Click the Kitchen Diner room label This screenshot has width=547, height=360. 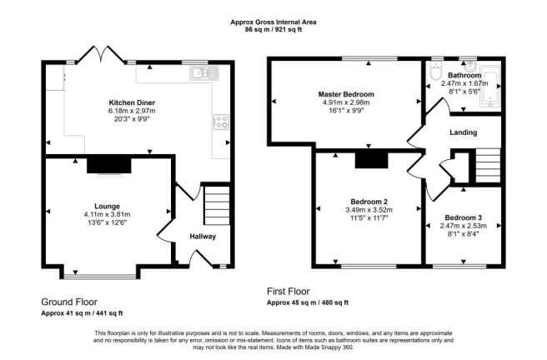[132, 102]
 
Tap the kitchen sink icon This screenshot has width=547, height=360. [204, 73]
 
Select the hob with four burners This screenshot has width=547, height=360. [221, 122]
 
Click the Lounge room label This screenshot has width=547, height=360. [107, 207]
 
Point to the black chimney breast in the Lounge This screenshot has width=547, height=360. [109, 166]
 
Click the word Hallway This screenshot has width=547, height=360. [203, 237]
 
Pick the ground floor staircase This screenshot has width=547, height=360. [217, 205]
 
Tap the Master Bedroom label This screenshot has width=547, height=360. [346, 94]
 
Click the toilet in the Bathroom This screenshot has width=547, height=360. [436, 71]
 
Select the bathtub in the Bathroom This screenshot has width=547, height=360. [490, 86]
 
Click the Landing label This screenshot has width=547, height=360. [464, 132]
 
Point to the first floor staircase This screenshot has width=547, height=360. [488, 165]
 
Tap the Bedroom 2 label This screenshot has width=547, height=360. [369, 202]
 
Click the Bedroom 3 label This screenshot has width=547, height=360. [464, 217]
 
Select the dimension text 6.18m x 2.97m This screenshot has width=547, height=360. [132, 111]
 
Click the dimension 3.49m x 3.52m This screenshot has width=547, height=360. [369, 210]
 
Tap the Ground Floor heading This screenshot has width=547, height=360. [69, 302]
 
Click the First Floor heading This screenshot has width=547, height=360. [289, 291]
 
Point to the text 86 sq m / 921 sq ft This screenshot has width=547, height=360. [273, 30]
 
